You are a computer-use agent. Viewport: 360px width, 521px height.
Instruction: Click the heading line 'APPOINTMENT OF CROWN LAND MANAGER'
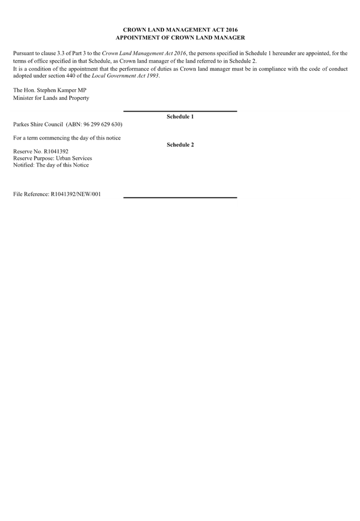click(x=180, y=37)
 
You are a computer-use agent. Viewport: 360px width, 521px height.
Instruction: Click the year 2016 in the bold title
click(x=232, y=30)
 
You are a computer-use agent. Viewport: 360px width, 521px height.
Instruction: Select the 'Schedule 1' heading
click(x=180, y=117)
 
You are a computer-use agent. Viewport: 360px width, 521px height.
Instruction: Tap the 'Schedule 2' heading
click(x=180, y=145)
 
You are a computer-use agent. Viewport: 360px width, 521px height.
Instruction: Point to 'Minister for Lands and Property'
click(x=51, y=98)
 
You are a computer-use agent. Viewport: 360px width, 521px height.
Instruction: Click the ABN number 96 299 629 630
click(x=102, y=124)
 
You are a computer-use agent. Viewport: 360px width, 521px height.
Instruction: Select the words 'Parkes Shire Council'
click(x=38, y=124)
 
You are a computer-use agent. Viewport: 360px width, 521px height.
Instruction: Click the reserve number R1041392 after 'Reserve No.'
click(x=56, y=152)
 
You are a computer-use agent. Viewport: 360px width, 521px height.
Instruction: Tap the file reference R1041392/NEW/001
click(x=76, y=194)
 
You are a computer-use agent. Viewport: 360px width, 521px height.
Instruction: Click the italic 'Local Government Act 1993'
click(x=125, y=76)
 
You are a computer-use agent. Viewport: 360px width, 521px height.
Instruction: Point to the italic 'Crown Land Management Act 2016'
click(x=144, y=54)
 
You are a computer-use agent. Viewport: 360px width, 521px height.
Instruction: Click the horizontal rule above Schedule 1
click(x=180, y=112)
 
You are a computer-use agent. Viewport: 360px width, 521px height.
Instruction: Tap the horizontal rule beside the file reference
click(x=180, y=197)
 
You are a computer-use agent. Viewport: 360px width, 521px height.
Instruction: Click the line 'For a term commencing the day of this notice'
click(x=67, y=138)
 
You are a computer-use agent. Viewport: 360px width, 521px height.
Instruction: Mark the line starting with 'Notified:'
click(x=51, y=165)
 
